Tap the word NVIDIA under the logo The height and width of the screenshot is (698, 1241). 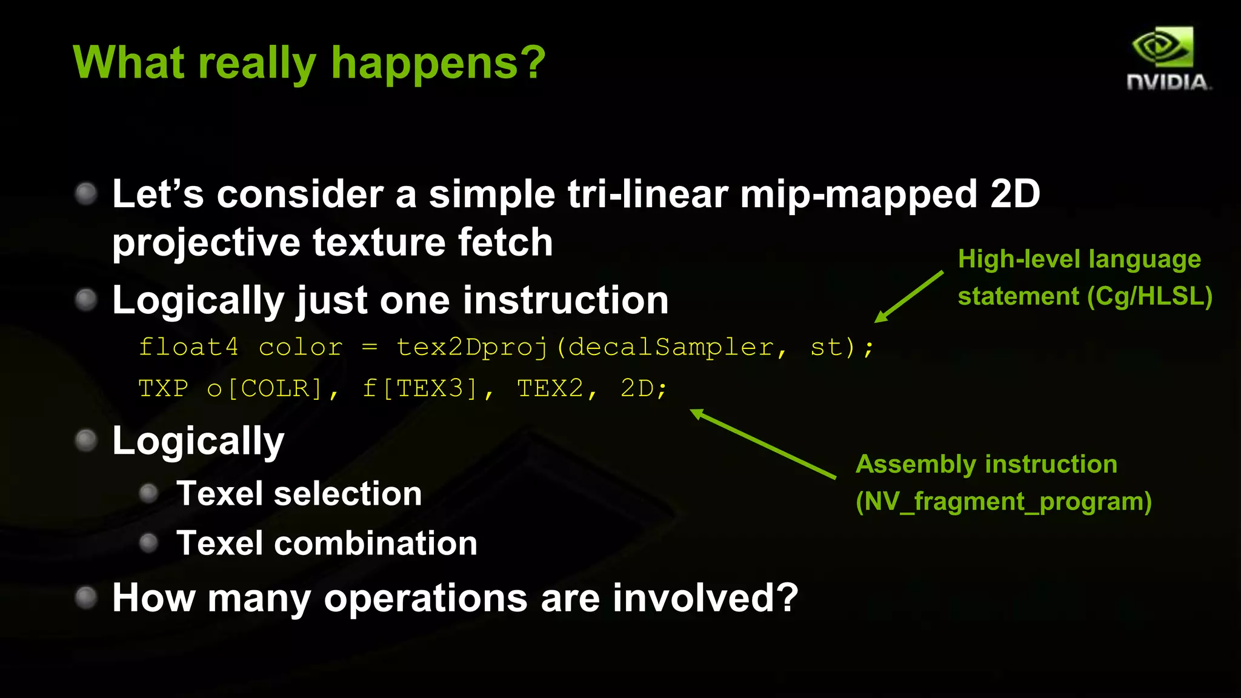1168,82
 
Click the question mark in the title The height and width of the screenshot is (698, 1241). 534,62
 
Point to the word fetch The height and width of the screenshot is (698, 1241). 505,242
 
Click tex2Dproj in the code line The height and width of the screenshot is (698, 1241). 472,348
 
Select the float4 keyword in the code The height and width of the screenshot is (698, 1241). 188,347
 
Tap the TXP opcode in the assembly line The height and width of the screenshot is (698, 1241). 163,388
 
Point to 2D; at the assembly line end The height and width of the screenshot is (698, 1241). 643,388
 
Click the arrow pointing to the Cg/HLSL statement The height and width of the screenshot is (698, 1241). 908,297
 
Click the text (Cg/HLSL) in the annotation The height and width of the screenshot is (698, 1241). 1150,296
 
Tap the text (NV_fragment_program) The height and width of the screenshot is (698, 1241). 1003,502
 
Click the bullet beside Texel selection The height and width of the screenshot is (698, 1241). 148,493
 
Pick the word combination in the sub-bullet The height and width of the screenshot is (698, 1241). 375,543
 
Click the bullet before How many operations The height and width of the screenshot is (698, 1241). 86,597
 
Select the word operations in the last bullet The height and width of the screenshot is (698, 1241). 425,598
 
